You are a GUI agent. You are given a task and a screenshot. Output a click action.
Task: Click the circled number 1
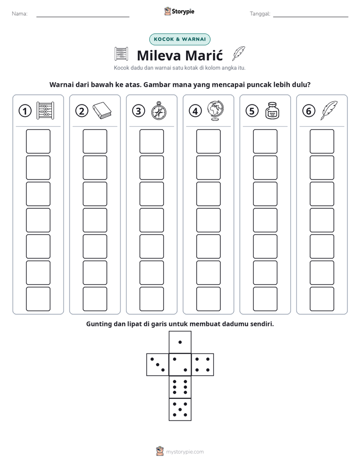tap(25, 111)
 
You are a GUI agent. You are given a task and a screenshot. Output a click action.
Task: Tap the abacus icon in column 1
tap(45, 110)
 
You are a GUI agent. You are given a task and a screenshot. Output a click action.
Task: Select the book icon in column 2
tap(102, 110)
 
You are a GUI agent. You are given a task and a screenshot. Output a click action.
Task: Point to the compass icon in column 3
tap(159, 110)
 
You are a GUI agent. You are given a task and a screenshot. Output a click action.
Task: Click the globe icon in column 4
tap(216, 110)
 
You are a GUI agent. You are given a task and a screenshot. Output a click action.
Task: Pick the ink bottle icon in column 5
tap(272, 110)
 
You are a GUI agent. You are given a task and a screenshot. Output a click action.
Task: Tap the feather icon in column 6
tap(329, 110)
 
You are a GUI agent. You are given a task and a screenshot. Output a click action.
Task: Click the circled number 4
tap(195, 111)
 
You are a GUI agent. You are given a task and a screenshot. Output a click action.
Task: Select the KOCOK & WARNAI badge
tap(179, 39)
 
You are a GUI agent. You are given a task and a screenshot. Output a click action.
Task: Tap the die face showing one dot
tap(180, 342)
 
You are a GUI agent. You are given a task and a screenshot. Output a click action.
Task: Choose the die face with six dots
tap(180, 387)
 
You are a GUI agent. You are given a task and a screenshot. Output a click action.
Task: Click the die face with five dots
tap(180, 410)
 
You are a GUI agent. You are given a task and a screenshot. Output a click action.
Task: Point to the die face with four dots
tap(203, 364)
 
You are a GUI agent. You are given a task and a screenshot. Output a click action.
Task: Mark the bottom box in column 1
tap(38, 299)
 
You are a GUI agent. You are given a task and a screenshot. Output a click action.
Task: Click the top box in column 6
tap(322, 141)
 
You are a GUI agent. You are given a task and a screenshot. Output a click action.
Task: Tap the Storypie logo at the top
tap(179, 11)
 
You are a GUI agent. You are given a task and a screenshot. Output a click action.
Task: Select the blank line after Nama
tap(83, 17)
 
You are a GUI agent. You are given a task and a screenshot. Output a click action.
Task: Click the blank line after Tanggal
tap(311, 17)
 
